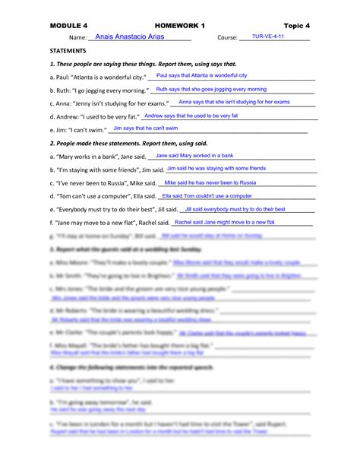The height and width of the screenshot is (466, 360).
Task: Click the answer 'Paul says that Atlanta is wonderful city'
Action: (x=201, y=76)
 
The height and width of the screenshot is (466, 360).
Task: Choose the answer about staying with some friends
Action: (x=216, y=168)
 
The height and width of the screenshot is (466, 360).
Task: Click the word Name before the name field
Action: (x=77, y=37)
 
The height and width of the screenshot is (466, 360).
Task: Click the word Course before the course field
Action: (x=227, y=37)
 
